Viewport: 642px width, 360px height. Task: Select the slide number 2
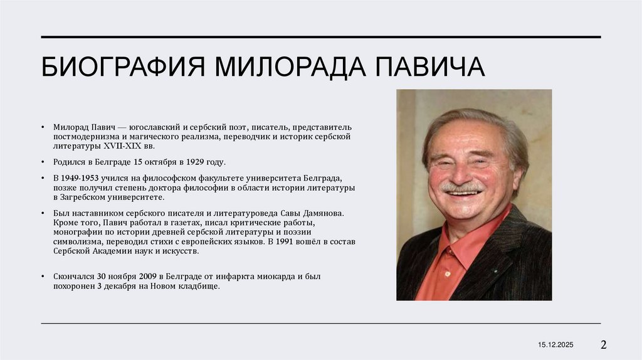pos(604,344)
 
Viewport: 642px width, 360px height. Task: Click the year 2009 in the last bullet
pos(145,277)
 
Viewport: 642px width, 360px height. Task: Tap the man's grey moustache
pos(461,187)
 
